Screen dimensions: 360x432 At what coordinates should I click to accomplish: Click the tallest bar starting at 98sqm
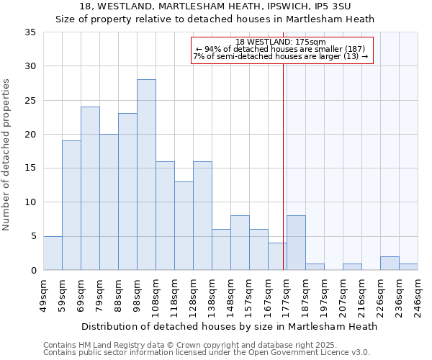point(146,175)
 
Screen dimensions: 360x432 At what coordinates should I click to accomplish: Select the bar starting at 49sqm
point(53,253)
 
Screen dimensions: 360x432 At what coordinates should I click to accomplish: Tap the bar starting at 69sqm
point(90,189)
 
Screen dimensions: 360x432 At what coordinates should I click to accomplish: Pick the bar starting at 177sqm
point(296,243)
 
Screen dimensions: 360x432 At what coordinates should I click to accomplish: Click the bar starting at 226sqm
point(390,263)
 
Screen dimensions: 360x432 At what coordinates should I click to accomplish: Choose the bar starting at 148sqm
point(240,243)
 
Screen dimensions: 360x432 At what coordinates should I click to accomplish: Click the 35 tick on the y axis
point(30,32)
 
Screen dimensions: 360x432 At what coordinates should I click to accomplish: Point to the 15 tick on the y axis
point(30,168)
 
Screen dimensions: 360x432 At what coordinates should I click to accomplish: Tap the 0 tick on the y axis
point(33,270)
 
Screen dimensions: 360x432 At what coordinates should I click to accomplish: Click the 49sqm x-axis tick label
point(43,296)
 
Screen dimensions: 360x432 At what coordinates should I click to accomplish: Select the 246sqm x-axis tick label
point(418,296)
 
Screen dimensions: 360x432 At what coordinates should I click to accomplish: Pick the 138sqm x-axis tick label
point(212,296)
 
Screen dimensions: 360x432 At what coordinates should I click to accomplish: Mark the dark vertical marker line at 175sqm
point(284,166)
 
